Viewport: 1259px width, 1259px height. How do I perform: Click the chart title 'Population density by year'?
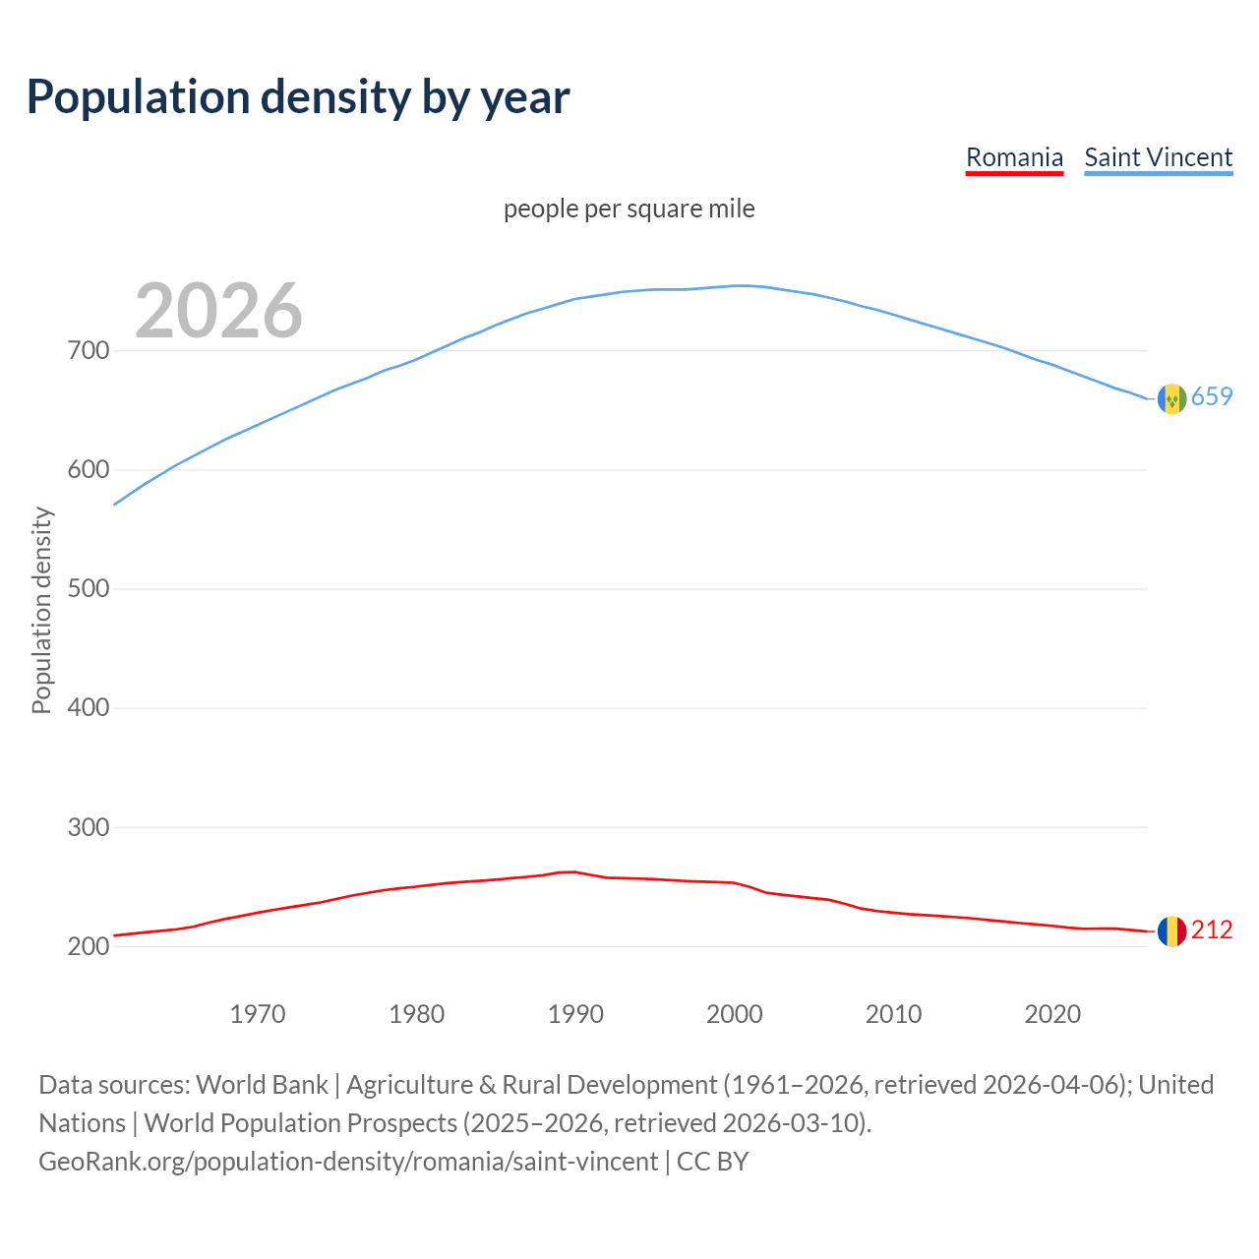tap(298, 97)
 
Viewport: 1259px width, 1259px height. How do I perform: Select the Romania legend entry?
tap(1014, 157)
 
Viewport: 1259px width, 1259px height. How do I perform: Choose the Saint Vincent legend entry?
tap(1158, 157)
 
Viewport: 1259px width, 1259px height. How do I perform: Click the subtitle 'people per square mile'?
tap(629, 210)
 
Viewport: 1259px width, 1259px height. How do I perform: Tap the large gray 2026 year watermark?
tap(218, 311)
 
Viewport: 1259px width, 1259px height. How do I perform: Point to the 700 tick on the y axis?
tap(88, 351)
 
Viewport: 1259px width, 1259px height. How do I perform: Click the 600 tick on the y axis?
tap(88, 470)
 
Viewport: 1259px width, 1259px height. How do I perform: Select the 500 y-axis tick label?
tap(88, 589)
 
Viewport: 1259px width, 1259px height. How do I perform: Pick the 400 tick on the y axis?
tap(88, 708)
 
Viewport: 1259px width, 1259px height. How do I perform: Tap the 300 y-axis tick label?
tap(88, 827)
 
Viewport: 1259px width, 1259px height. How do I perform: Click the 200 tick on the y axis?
tap(88, 946)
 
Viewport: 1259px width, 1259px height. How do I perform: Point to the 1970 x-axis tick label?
tap(258, 1014)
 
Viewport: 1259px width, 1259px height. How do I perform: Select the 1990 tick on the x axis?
tap(575, 1014)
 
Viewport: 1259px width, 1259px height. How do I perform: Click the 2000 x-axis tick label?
tap(735, 1014)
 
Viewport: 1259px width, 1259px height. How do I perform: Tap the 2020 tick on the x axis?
tap(1052, 1014)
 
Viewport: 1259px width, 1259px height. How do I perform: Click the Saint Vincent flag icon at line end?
tap(1171, 398)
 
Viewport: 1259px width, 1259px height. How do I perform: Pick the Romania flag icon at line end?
tap(1171, 931)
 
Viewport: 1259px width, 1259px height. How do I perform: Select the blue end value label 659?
tap(1212, 397)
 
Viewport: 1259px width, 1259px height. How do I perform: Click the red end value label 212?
tap(1212, 930)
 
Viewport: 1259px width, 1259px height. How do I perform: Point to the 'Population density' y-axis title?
tap(41, 610)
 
